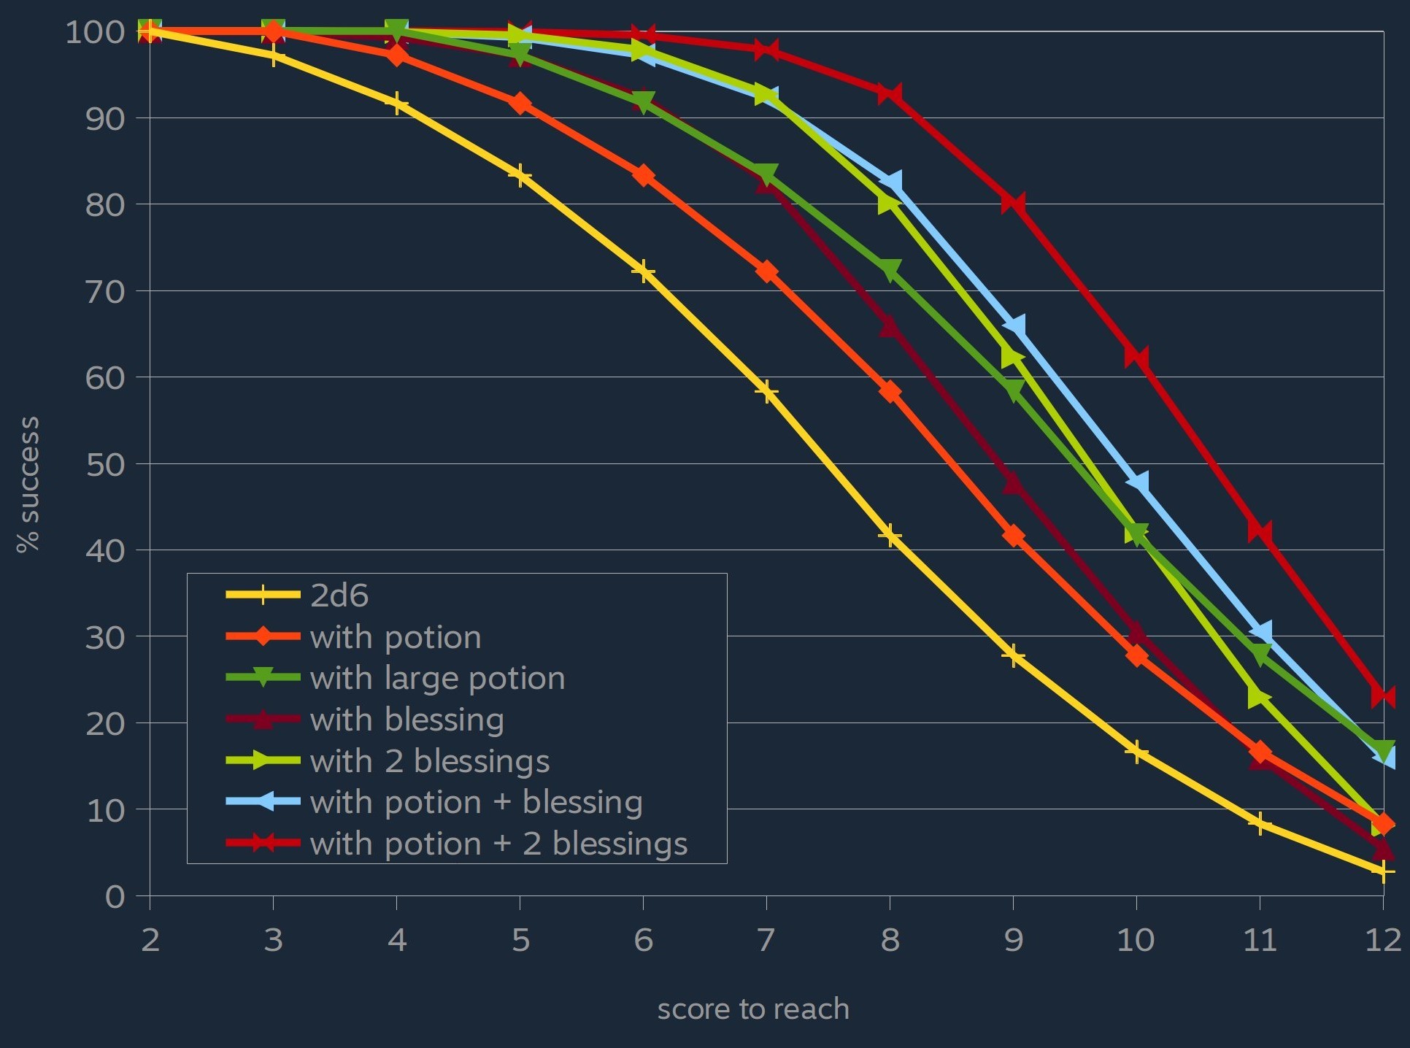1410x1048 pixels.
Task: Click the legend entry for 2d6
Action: coord(339,596)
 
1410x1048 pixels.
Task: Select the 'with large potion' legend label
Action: coord(437,679)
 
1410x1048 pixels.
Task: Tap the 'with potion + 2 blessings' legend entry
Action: coord(498,844)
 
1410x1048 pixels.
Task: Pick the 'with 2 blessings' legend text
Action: coord(429,761)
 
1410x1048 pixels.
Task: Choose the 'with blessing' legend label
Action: coord(407,720)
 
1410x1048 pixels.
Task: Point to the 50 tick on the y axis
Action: coord(106,465)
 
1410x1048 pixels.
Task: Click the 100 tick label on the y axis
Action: coord(96,32)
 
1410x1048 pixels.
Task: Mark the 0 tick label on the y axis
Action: coord(115,897)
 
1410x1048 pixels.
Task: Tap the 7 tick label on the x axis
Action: coord(766,940)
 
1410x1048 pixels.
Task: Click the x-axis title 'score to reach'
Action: coord(753,1009)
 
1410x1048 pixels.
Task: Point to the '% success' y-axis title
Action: coord(28,485)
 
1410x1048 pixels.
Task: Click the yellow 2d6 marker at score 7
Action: coord(766,392)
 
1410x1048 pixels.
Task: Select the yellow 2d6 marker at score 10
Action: coord(1136,752)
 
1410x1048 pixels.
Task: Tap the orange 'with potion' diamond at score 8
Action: coord(890,392)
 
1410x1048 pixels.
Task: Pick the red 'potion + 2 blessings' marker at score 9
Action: coord(1013,202)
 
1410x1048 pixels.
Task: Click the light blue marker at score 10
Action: coord(1137,482)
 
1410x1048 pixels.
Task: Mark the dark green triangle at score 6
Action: coord(643,103)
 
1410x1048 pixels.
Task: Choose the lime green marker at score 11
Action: coord(1259,697)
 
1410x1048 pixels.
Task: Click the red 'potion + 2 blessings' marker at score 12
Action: coord(1383,696)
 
